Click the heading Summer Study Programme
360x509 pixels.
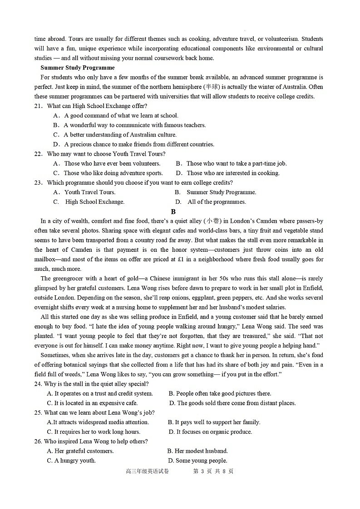[x=78, y=68]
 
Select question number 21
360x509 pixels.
[x=38, y=106]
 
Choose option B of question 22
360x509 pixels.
[x=231, y=163]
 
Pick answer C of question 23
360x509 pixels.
[x=89, y=202]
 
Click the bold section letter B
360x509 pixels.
[x=173, y=211]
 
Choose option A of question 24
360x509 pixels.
[x=100, y=393]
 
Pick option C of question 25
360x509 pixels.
[x=94, y=432]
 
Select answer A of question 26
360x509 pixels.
[x=80, y=451]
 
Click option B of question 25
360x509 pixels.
[x=214, y=422]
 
